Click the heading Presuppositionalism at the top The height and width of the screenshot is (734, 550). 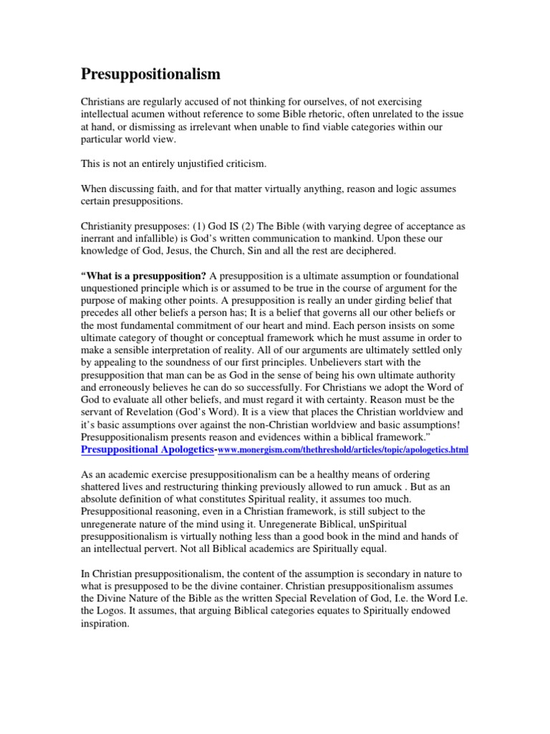(x=150, y=75)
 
